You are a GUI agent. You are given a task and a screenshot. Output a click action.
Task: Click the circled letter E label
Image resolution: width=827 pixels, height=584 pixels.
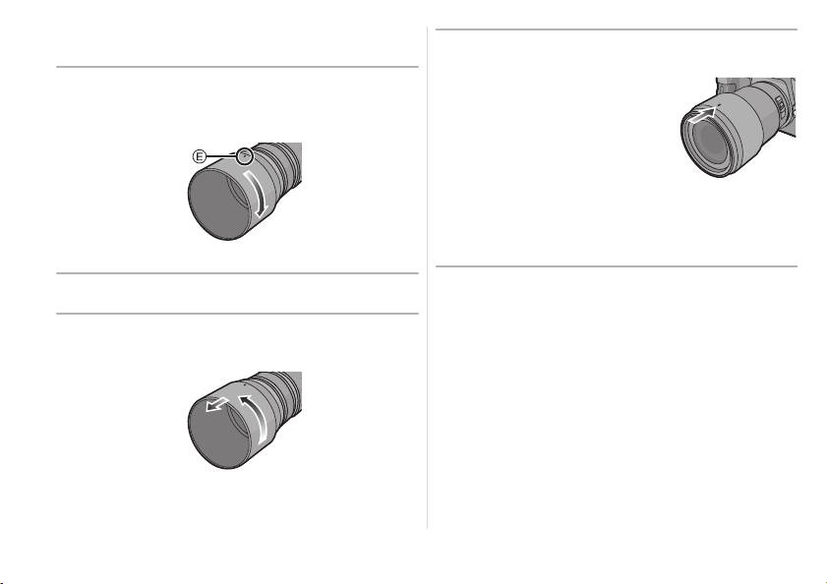[x=199, y=156]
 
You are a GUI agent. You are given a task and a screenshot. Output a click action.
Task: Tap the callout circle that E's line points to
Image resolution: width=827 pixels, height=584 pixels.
[x=244, y=155]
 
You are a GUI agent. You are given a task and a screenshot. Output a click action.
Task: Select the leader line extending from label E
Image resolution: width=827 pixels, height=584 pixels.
[x=220, y=156]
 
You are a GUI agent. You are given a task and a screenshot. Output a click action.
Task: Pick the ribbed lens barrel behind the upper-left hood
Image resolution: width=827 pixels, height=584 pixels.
[x=282, y=163]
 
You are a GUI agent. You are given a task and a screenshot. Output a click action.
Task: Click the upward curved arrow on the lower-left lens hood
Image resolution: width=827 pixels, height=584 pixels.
[x=256, y=420]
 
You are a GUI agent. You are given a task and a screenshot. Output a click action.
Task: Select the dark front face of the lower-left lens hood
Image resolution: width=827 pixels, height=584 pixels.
[x=217, y=433]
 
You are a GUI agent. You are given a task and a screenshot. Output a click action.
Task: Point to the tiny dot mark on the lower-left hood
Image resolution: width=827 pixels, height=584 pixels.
[x=244, y=384]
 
